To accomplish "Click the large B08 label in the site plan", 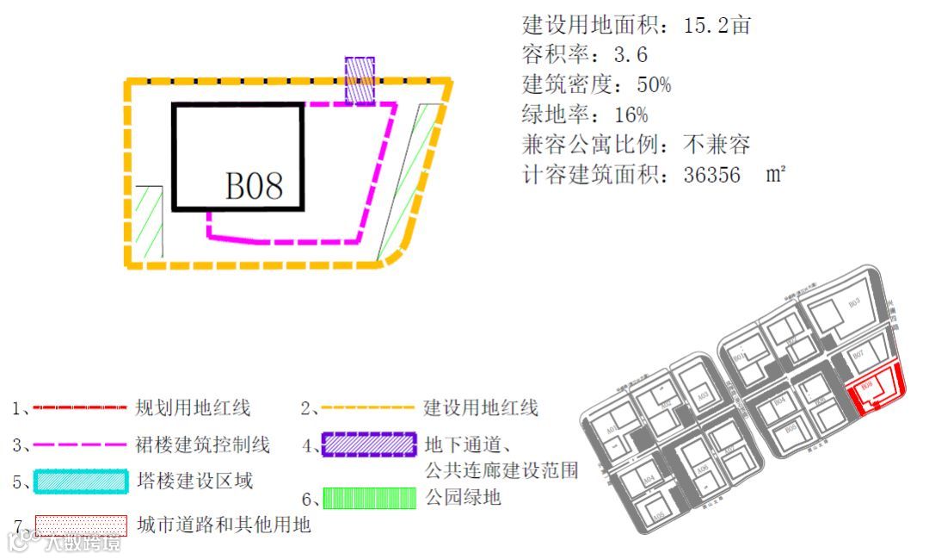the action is coord(254,184).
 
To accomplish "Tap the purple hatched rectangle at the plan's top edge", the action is coord(360,80).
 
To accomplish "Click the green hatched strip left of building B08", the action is coord(150,221).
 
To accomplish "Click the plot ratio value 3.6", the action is coord(631,55).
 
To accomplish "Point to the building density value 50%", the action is coord(654,84).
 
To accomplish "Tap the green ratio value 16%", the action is coord(631,115).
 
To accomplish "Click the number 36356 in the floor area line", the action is coord(711,175).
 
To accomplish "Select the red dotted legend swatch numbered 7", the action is coord(80,525).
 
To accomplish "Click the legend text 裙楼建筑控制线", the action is coord(203,444).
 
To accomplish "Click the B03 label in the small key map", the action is coord(853,303).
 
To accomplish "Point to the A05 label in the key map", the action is coord(657,516).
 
